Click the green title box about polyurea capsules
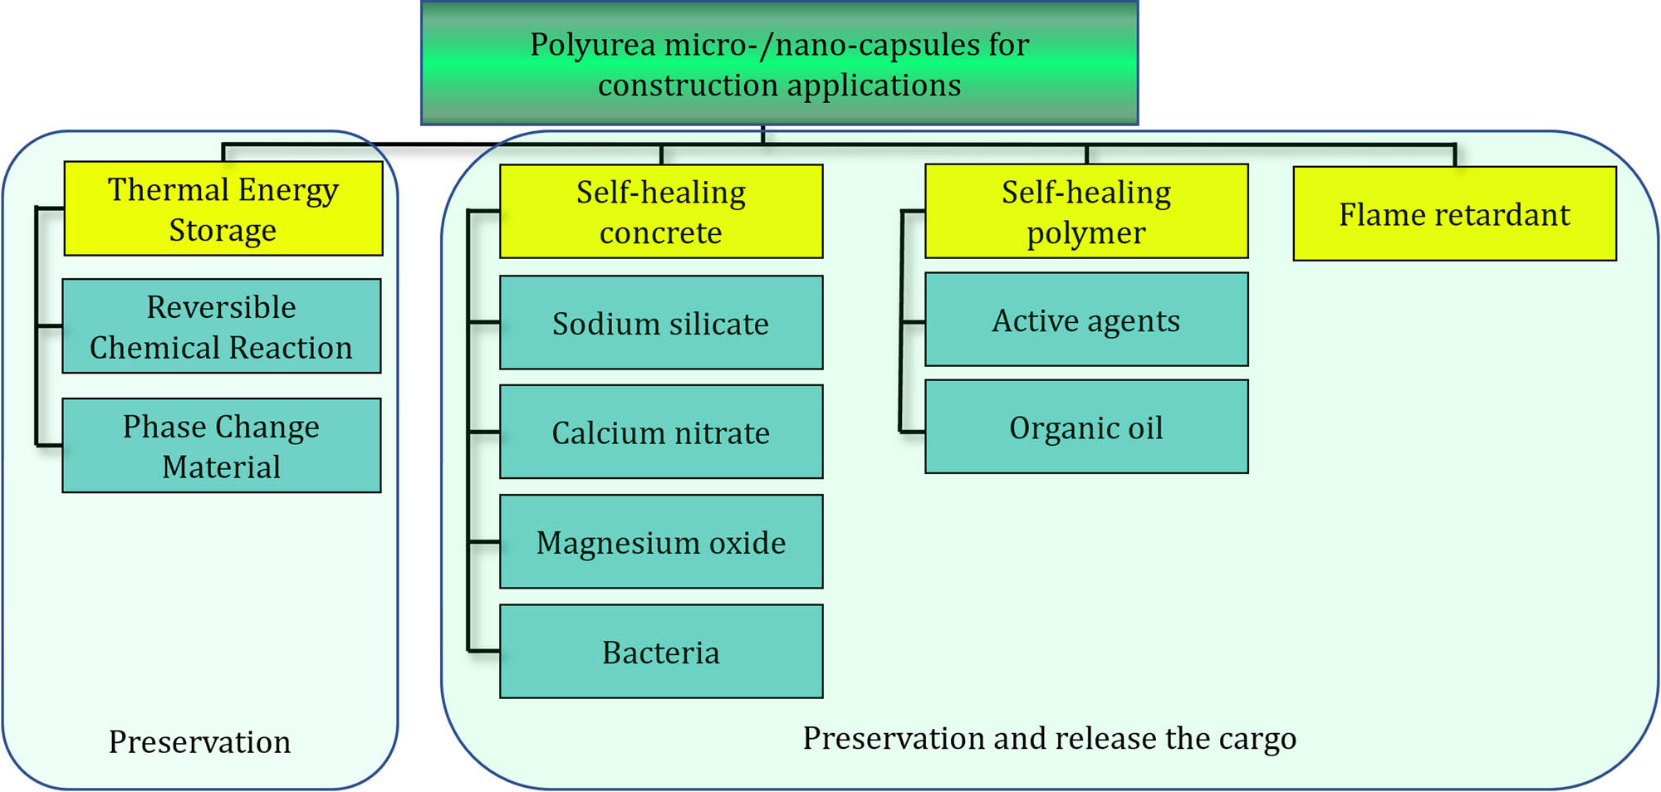pyautogui.click(x=779, y=64)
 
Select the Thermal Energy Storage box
pyautogui.click(x=223, y=209)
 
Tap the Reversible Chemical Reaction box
pyautogui.click(x=221, y=326)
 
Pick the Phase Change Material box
pyautogui.click(x=221, y=446)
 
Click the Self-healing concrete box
pyautogui.click(x=661, y=212)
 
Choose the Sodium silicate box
pyautogui.click(x=661, y=323)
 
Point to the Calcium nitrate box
pyautogui.click(x=661, y=432)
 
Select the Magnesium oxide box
pyautogui.click(x=661, y=542)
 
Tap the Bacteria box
pyautogui.click(x=661, y=652)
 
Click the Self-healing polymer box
pyautogui.click(x=1086, y=212)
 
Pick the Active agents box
pyautogui.click(x=1086, y=320)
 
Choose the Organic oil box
pyautogui.click(x=1086, y=428)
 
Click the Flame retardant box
pyautogui.click(x=1454, y=214)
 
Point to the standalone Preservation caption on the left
pyautogui.click(x=199, y=741)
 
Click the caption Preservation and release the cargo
pyautogui.click(x=1049, y=738)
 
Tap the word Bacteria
pyautogui.click(x=661, y=653)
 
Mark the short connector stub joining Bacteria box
pyautogui.click(x=484, y=651)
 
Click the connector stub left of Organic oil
pyautogui.click(x=912, y=432)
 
